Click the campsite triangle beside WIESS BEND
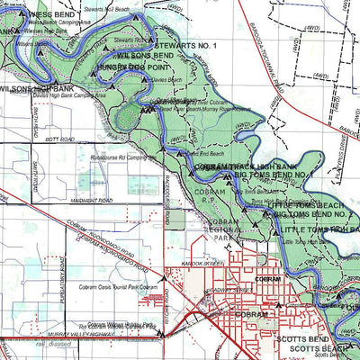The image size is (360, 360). coord(22,16)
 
